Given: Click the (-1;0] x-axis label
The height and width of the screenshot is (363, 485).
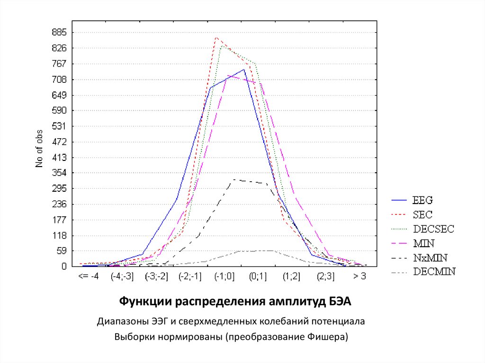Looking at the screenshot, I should (x=224, y=277).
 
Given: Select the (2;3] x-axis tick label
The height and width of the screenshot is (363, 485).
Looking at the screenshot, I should (x=325, y=277).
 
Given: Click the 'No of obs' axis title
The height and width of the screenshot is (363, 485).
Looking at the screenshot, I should (x=40, y=149).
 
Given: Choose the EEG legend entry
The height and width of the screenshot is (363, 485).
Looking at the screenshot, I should (x=423, y=199).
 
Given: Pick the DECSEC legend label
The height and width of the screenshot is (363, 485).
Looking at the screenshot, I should (x=433, y=229).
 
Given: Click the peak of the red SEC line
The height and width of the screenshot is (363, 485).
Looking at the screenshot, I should (x=216, y=37).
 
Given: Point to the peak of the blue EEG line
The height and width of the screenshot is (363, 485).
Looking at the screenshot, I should (x=244, y=70).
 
